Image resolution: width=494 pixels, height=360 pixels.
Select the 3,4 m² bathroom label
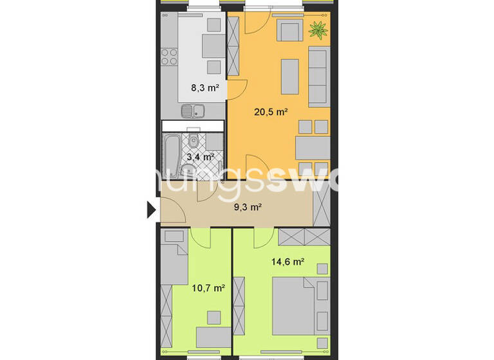(x=199, y=156)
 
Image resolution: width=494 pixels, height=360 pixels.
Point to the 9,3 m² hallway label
(x=247, y=206)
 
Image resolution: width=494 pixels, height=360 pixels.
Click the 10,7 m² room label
(x=208, y=288)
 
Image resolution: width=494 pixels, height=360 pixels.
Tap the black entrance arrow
(x=152, y=210)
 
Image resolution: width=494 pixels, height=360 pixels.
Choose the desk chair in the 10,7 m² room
(x=213, y=318)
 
